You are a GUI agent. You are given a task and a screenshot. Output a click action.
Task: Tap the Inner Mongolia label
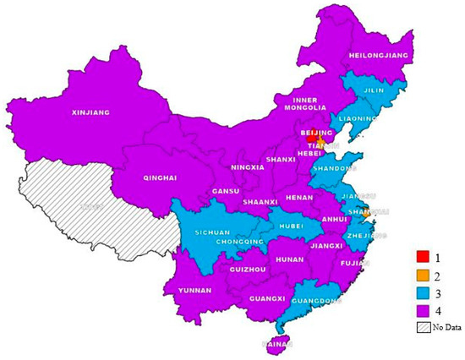tap(304, 102)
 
